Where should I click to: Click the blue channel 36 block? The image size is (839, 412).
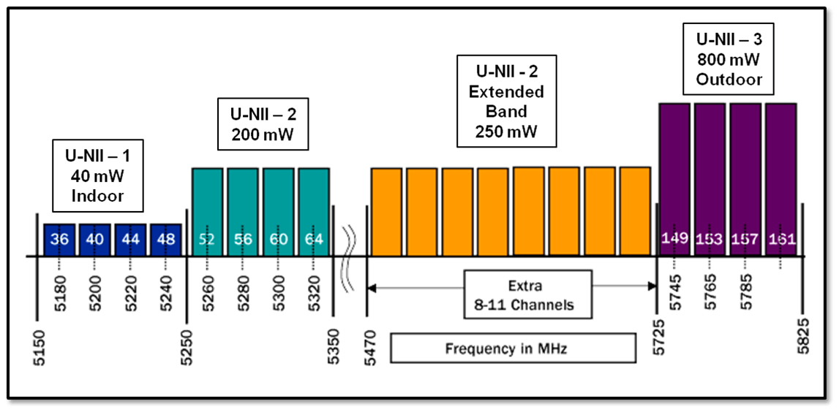(59, 240)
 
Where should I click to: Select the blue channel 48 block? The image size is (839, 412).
(166, 240)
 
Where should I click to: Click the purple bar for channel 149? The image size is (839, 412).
(674, 179)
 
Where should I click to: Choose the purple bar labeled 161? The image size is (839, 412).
(780, 179)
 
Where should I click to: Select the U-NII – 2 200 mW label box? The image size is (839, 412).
(263, 124)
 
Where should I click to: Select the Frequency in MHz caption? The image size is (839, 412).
(513, 348)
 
